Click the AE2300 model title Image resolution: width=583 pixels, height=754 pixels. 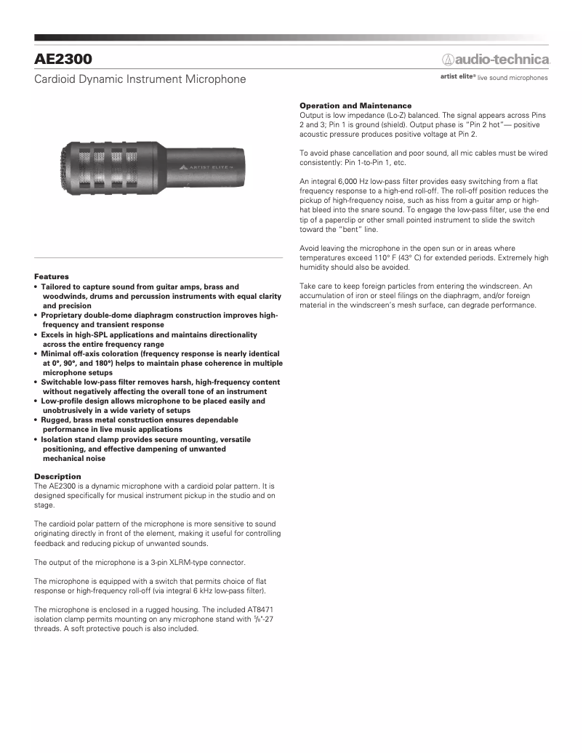coord(63,57)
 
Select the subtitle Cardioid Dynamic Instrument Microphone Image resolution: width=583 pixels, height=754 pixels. coord(140,79)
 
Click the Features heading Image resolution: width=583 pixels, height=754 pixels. coord(52,276)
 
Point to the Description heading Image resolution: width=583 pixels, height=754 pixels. coord(57,476)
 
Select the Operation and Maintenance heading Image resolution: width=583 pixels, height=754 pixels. coord(355,106)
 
